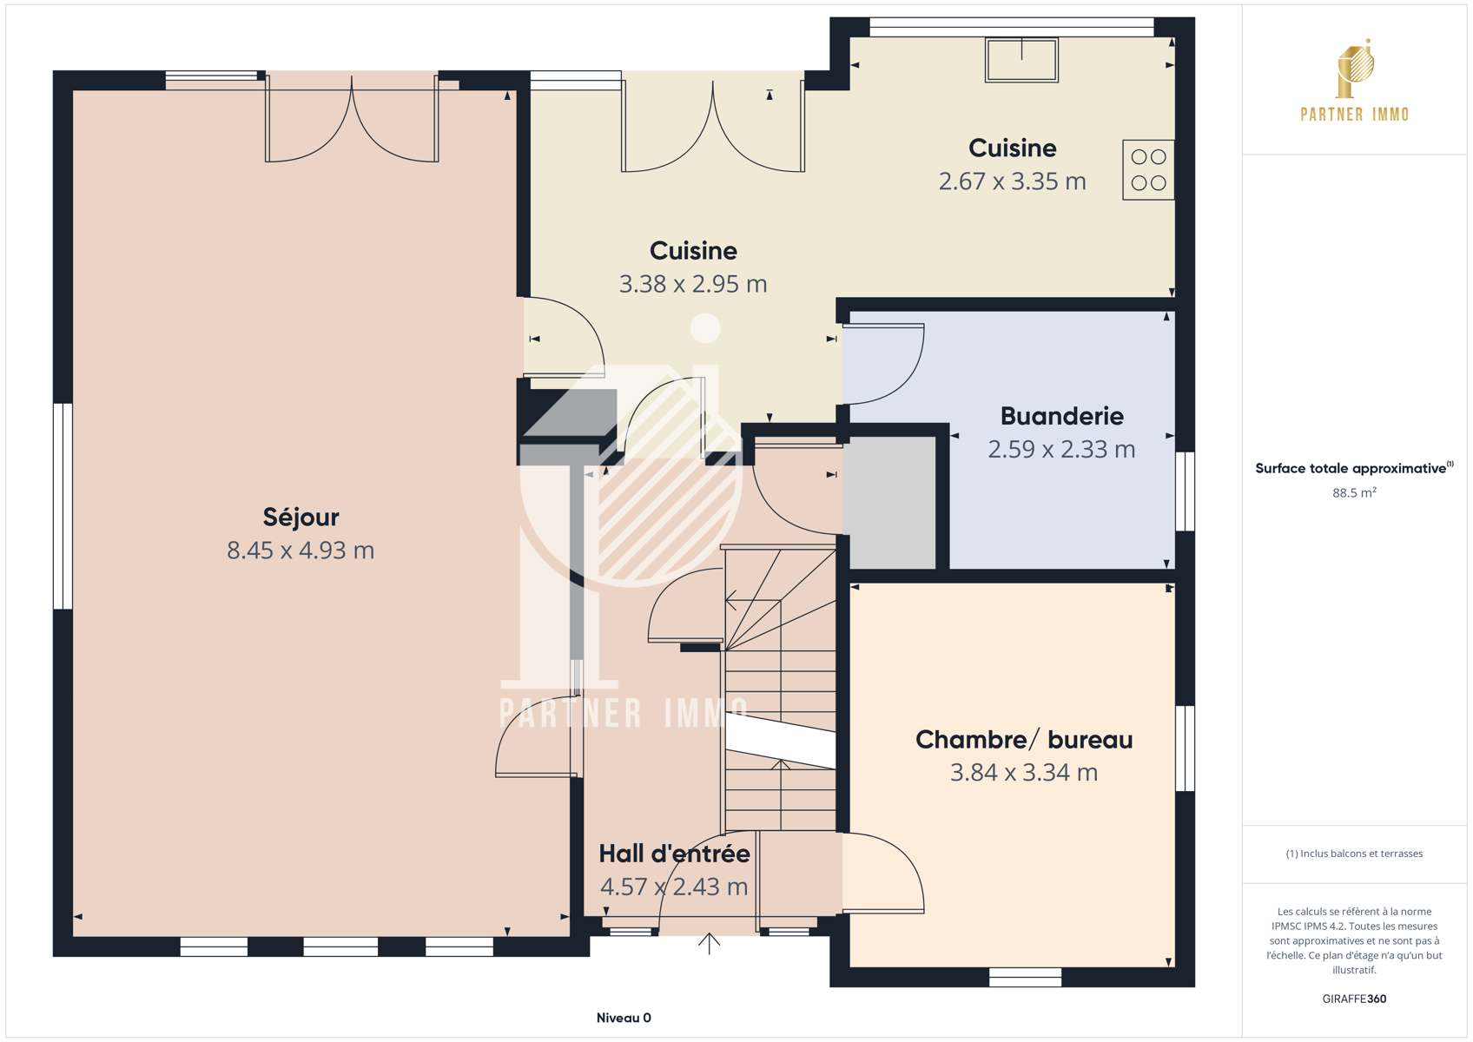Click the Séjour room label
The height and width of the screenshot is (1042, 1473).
click(x=301, y=518)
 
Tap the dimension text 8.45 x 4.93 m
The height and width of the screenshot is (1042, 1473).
click(x=301, y=551)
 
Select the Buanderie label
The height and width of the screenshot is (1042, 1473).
click(x=1061, y=416)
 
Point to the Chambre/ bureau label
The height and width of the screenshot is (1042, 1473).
click(x=1024, y=740)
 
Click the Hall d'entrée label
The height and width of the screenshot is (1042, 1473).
click(x=674, y=854)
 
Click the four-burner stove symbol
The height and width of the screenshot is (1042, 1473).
click(x=1148, y=169)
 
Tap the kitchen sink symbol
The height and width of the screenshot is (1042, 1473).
click(x=1021, y=60)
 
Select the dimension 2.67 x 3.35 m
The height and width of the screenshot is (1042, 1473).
click(x=1012, y=181)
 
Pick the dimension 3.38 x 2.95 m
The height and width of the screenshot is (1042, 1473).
click(x=693, y=284)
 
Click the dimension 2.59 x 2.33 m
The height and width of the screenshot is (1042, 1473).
click(x=1061, y=449)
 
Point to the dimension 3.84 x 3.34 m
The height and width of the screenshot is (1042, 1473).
click(x=1024, y=773)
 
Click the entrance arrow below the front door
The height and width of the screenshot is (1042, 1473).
click(x=709, y=943)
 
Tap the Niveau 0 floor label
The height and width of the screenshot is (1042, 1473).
click(x=624, y=1018)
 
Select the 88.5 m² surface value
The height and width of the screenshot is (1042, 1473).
click(x=1354, y=492)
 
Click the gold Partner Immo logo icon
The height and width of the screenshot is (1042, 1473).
click(x=1355, y=69)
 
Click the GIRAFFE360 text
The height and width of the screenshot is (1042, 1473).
click(x=1354, y=999)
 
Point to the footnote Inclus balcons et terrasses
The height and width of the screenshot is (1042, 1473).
click(x=1354, y=854)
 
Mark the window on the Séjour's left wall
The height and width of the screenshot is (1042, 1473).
click(x=63, y=506)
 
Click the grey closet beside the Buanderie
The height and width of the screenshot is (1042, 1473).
click(x=889, y=503)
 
